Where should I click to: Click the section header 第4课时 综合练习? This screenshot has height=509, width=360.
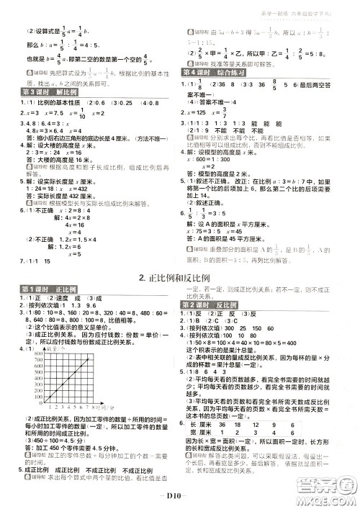click(x=215, y=73)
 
